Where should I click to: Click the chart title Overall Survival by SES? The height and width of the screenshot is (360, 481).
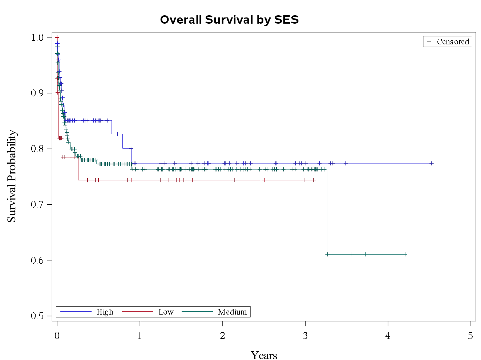pyautogui.click(x=229, y=20)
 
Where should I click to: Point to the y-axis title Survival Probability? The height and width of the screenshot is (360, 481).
pyautogui.click(x=12, y=176)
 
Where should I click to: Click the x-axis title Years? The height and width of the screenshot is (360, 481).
pyautogui.click(x=264, y=355)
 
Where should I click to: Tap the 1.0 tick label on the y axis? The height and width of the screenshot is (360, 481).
pyautogui.click(x=37, y=37)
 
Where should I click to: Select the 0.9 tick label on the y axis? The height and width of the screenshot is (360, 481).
pyautogui.click(x=37, y=93)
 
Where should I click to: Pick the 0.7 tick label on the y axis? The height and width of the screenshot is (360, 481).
pyautogui.click(x=37, y=204)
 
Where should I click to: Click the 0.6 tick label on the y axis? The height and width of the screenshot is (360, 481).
pyautogui.click(x=37, y=260)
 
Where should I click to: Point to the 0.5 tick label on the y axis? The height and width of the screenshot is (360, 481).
pyautogui.click(x=37, y=316)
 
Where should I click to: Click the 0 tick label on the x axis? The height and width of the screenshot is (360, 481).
pyautogui.click(x=57, y=336)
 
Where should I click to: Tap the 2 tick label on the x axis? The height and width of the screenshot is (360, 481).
pyautogui.click(x=222, y=336)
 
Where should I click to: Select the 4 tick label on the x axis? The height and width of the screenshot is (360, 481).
pyautogui.click(x=388, y=336)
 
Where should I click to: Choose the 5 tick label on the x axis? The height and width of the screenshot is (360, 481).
pyautogui.click(x=470, y=336)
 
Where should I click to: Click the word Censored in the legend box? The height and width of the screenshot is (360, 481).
pyautogui.click(x=453, y=42)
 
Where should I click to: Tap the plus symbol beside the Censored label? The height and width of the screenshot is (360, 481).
pyautogui.click(x=429, y=41)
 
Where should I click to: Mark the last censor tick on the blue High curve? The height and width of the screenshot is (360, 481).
pyautogui.click(x=431, y=163)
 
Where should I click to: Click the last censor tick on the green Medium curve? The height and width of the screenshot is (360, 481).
pyautogui.click(x=405, y=254)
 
